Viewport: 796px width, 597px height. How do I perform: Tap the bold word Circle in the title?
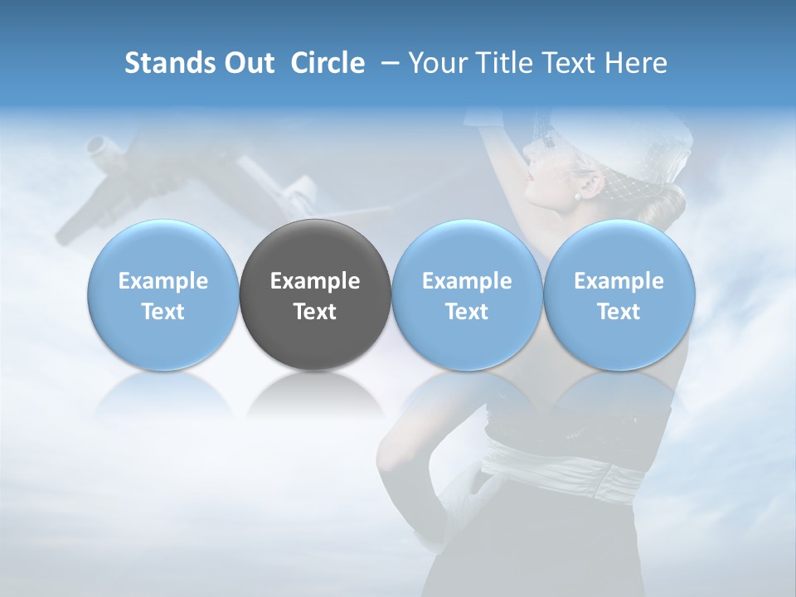click(x=328, y=63)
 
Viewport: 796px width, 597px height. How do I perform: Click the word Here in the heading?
click(x=636, y=63)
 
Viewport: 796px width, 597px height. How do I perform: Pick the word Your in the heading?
click(x=437, y=63)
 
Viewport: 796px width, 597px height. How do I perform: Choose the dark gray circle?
click(x=315, y=294)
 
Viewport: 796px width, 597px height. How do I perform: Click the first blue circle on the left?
click(x=163, y=294)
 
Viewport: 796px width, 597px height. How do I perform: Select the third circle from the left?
click(x=467, y=294)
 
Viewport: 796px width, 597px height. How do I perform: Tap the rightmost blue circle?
click(x=619, y=294)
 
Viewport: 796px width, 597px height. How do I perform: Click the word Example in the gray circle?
click(x=315, y=281)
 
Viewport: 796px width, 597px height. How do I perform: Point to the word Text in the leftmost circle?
click(x=163, y=312)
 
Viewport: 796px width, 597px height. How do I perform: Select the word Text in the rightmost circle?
click(x=619, y=312)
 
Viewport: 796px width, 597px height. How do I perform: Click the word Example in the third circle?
click(x=467, y=281)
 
